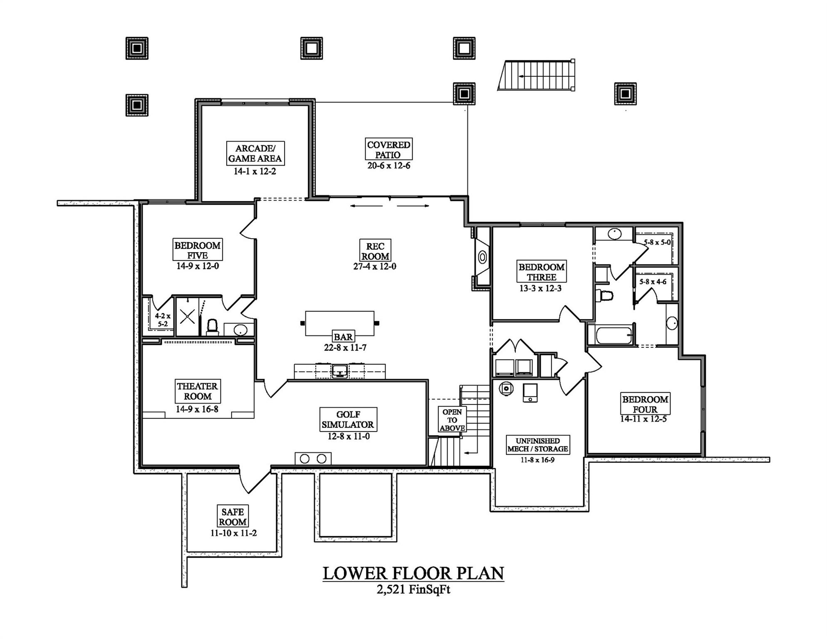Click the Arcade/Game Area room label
[255, 154]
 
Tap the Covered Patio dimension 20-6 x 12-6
[389, 166]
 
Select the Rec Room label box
[375, 251]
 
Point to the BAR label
[343, 337]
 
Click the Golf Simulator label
[348, 419]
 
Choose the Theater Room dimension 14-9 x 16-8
[197, 409]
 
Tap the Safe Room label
[233, 517]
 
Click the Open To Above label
[452, 420]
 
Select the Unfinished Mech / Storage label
[537, 445]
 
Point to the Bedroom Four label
[645, 404]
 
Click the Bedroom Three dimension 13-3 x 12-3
[540, 288]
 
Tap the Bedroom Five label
[197, 250]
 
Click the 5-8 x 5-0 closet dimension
[657, 242]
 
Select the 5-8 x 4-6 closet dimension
[653, 282]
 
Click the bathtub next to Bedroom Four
[613, 335]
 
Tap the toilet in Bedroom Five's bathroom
[213, 327]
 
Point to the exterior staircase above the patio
[537, 76]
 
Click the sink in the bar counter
[340, 370]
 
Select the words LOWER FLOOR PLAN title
[413, 573]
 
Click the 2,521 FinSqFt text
[413, 590]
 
